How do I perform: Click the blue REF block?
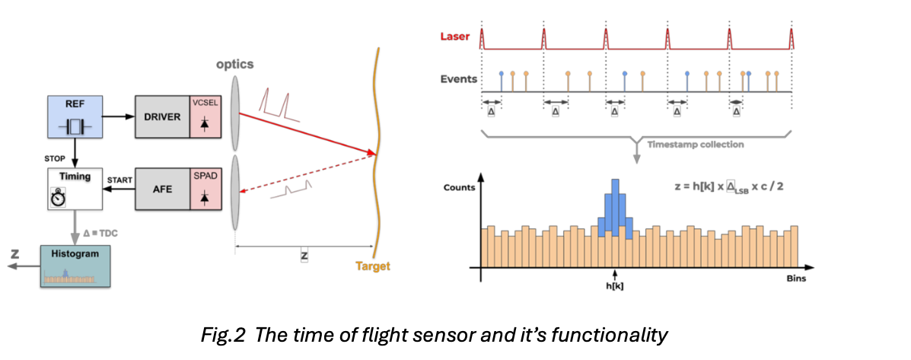pos(75,116)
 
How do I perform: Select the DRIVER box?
pos(161,117)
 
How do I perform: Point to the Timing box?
pos(75,189)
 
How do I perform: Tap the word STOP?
pos(57,159)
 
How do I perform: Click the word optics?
pos(234,64)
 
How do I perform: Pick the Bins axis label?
pos(796,279)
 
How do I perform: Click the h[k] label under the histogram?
pos(613,288)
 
